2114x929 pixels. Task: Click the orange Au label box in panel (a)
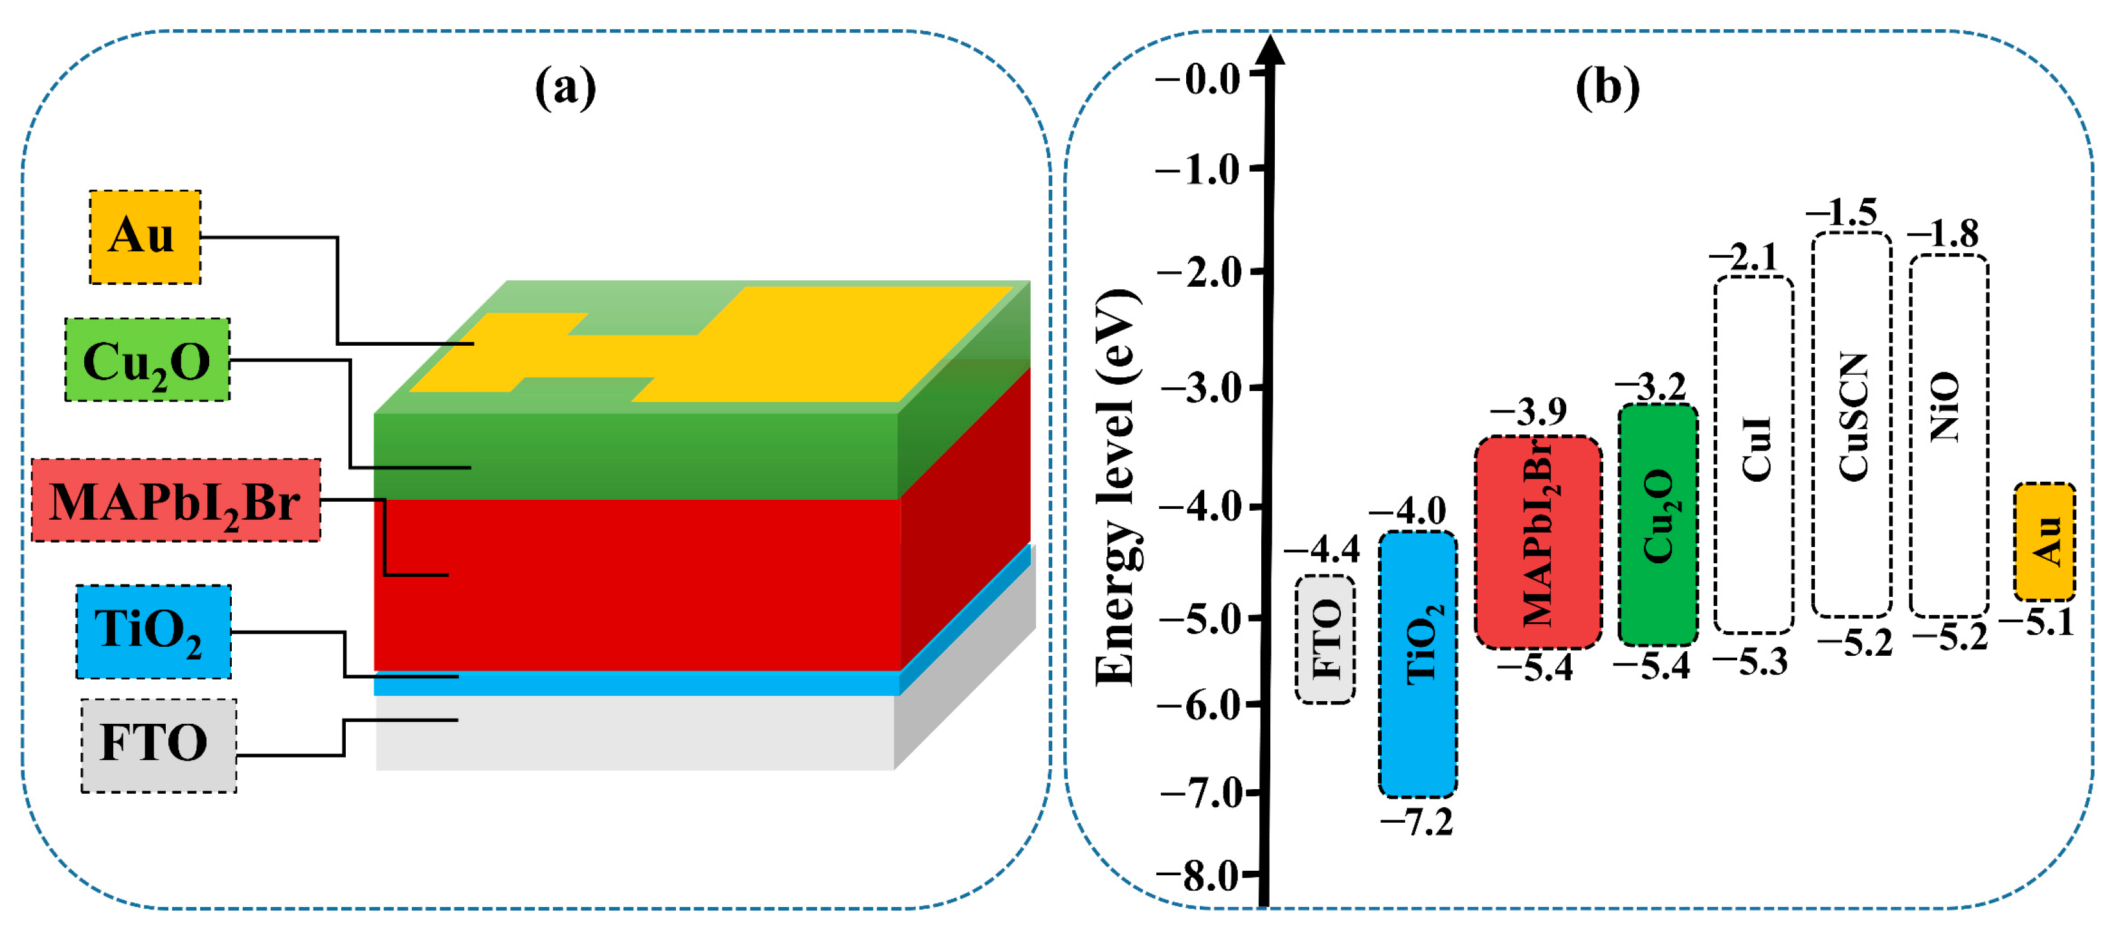(144, 237)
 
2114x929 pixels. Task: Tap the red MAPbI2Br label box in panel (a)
(175, 500)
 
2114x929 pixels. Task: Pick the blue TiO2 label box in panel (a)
(153, 631)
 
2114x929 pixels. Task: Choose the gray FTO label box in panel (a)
(159, 745)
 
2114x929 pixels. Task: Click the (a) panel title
(565, 86)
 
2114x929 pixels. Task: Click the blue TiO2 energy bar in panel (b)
(1417, 664)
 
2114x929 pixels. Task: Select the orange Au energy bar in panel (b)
(2044, 542)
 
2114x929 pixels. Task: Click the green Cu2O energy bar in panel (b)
(1658, 524)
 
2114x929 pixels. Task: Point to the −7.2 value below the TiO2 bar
(1417, 822)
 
